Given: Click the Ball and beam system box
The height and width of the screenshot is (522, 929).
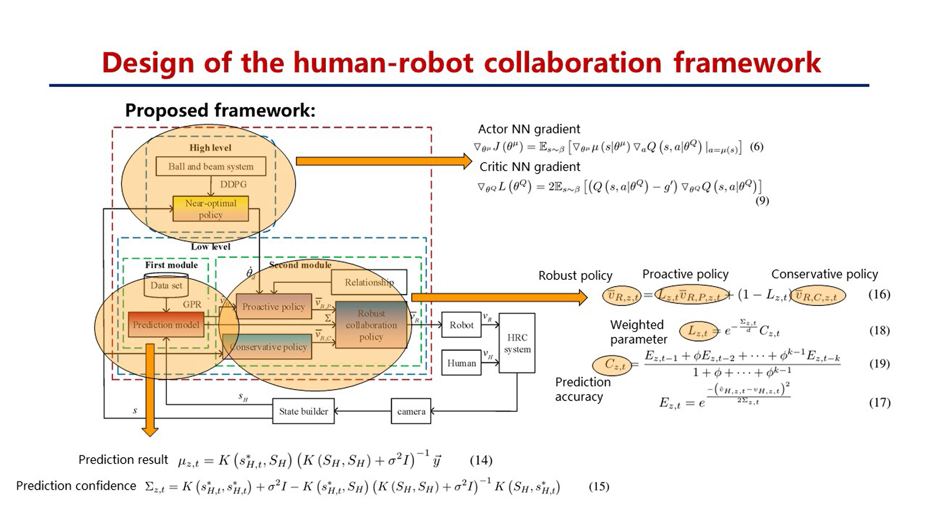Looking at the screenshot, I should click(x=210, y=166).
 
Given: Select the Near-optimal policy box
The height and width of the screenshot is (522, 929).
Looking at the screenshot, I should click(x=210, y=209).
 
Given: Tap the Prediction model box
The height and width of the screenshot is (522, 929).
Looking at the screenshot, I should click(x=166, y=325).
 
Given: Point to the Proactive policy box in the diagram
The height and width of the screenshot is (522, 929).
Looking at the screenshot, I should click(x=273, y=306).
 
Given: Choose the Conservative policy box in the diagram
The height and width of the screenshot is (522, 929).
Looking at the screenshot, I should click(x=269, y=347).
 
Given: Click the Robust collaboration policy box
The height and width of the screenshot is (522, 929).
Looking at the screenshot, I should click(x=371, y=325).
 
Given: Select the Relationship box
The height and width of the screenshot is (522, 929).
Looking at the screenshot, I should click(x=369, y=282).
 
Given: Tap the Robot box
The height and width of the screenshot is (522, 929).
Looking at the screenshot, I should click(x=461, y=325).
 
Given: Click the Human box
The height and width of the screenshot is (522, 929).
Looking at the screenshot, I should click(x=461, y=363).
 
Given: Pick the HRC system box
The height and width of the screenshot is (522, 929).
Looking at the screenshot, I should click(x=517, y=343).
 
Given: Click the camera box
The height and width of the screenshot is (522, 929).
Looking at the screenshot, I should click(x=411, y=411).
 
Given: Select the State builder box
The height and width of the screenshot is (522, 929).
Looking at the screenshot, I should click(x=303, y=411).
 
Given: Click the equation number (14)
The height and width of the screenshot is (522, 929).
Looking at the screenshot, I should click(x=481, y=460).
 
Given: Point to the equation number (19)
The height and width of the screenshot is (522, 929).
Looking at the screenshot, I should click(x=879, y=363).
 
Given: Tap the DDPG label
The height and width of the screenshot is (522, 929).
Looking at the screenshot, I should click(x=233, y=184).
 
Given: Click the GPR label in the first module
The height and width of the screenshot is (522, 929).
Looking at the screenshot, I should click(x=192, y=304).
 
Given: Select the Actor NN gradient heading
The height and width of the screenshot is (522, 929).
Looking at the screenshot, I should click(x=529, y=129).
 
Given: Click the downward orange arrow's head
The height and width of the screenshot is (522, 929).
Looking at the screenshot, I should click(x=150, y=431).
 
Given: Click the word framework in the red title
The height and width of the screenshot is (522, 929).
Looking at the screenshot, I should click(x=747, y=63).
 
